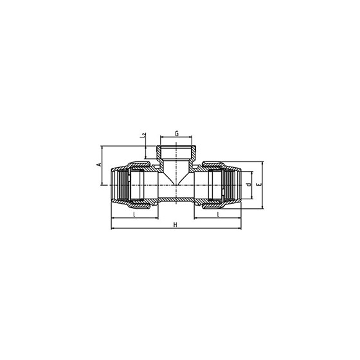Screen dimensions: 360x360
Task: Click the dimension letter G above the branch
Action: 177,134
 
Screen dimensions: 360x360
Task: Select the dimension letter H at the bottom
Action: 175,224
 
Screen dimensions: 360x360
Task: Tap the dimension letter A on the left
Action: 99,165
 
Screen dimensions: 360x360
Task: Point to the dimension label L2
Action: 143,135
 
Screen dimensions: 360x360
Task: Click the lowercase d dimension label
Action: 248,184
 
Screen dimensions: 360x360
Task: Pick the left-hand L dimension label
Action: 134,215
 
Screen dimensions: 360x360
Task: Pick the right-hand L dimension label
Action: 219,215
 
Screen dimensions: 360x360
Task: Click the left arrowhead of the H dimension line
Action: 113,228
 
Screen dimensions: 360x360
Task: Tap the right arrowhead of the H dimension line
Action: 240,228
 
